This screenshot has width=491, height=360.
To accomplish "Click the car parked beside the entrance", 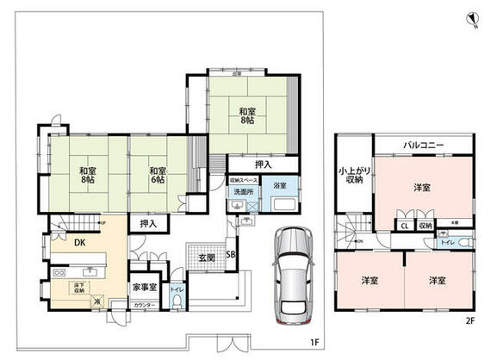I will coord(290,275).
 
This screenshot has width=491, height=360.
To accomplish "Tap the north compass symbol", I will coord(471,18).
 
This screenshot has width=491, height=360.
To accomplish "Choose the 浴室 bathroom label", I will coord(281,185).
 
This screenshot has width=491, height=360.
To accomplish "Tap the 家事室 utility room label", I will coord(144,287).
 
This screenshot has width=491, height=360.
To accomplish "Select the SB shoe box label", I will coord(231,255).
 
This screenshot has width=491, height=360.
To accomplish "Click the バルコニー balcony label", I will coord(422,146).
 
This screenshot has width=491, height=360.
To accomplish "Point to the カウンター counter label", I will coord(145,306).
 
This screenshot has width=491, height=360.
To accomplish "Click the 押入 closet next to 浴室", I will coord(264,164).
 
